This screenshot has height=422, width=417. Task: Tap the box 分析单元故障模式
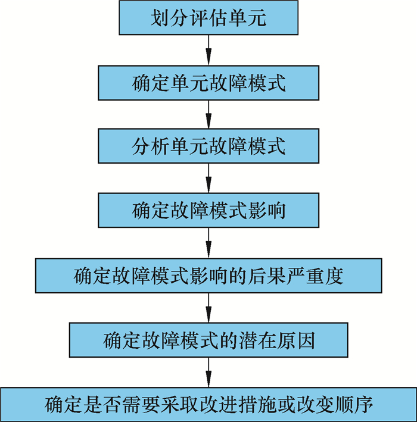click(x=208, y=146)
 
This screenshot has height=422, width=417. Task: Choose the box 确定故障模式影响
click(x=208, y=211)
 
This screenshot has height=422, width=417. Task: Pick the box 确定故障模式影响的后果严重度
click(x=208, y=276)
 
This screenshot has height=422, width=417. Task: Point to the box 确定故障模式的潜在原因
click(x=208, y=340)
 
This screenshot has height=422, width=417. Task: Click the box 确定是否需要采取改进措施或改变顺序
click(x=208, y=405)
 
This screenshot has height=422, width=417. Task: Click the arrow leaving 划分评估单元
click(x=208, y=50)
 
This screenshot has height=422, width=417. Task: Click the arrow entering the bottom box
click(x=208, y=372)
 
